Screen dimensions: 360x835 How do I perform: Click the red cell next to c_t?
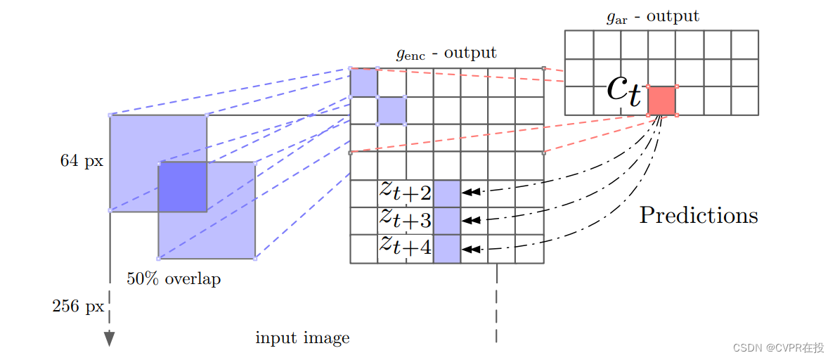click(x=661, y=101)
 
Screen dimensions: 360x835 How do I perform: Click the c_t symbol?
click(x=625, y=92)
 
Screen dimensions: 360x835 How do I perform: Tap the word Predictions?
click(x=698, y=215)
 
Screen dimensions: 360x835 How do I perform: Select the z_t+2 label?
click(x=406, y=191)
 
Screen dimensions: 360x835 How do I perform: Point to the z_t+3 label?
click(x=406, y=219)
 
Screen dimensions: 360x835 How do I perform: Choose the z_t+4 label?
click(x=406, y=247)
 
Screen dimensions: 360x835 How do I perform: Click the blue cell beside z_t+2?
click(x=447, y=193)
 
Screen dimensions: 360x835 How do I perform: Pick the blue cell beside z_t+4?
click(x=447, y=249)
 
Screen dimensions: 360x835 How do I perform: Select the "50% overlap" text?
click(x=174, y=279)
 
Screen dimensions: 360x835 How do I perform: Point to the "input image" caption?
click(x=302, y=338)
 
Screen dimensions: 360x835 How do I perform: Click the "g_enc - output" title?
click(x=446, y=53)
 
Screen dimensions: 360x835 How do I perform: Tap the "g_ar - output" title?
click(x=653, y=16)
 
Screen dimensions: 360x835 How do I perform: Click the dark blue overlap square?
click(x=182, y=186)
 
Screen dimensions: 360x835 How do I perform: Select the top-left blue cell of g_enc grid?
click(x=363, y=82)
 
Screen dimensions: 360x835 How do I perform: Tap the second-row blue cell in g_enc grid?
click(x=391, y=110)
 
